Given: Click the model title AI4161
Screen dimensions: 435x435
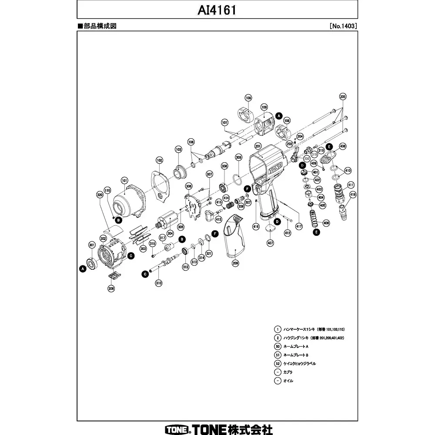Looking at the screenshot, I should click(x=217, y=10).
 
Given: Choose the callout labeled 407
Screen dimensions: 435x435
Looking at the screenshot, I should click(x=270, y=242).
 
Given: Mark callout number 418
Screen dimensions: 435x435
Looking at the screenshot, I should click(x=352, y=194).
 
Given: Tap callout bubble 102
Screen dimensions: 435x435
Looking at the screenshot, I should click(x=159, y=160).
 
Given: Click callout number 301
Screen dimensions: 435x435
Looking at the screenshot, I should click(x=92, y=244).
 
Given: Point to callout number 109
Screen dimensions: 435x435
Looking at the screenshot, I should click(x=264, y=107).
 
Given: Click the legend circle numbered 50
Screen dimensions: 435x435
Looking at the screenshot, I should click(x=278, y=346).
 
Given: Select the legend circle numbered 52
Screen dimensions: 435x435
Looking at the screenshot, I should click(x=278, y=363).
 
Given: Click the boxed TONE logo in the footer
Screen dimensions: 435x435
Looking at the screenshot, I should click(x=176, y=429).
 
